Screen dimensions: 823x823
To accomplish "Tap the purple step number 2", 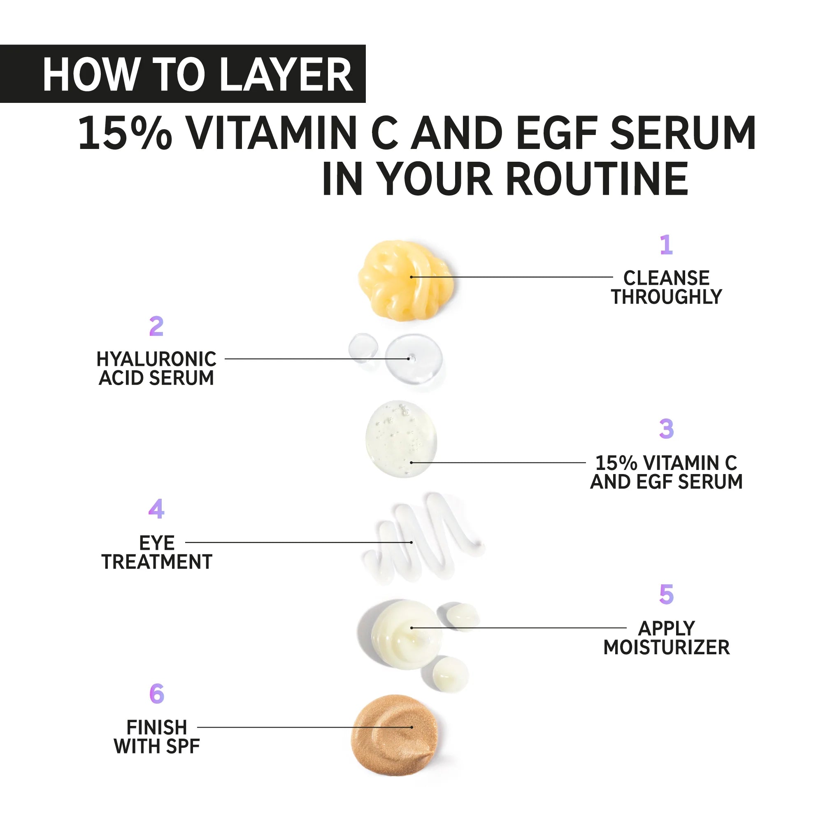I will pos(156,326).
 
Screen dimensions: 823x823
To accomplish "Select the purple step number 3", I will pos(666,429).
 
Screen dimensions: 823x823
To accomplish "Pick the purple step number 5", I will pos(666,594).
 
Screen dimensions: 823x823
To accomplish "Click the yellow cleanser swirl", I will pos(403,279).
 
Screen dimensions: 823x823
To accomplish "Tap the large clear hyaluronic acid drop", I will pos(413,359).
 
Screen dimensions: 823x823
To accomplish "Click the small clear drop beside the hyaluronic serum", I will pos(363,348).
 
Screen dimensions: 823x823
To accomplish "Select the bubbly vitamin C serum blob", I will pos(401,439).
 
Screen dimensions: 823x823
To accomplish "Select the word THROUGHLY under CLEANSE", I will pos(666,297).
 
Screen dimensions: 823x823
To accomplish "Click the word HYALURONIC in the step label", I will pos(156,359).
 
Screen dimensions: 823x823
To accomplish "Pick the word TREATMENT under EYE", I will pos(156,562).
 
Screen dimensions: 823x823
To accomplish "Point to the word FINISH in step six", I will pos(156,728).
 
